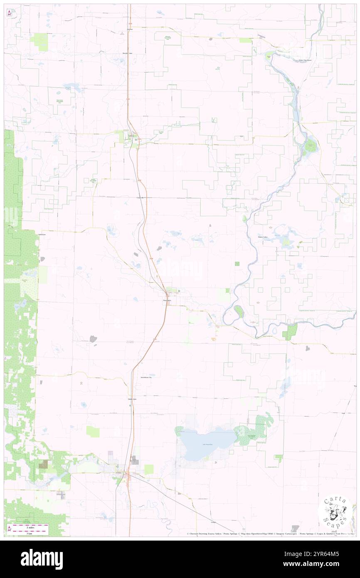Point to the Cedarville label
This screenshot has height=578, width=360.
coord(142,198)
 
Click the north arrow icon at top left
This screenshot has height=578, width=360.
coord(9,13)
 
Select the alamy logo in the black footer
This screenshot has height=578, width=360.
coord(42,559)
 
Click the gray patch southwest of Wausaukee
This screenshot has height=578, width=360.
coord(93,339)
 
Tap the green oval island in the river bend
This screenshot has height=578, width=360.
coord(239,311)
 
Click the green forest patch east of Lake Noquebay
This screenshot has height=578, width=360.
coord(254,430)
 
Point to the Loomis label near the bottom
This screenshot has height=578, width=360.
coord(213,521)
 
